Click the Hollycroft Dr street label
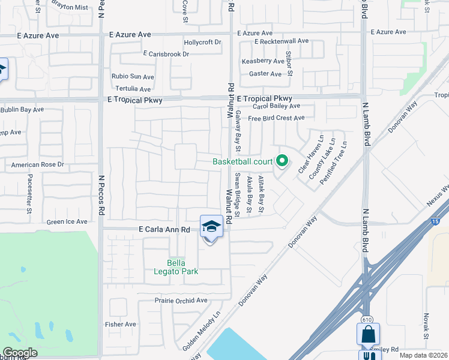coord(202,43)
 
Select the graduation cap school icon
coord(211,226)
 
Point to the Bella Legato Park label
coord(182,268)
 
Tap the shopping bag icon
coord(367,334)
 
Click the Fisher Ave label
coord(121,325)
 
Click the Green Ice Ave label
coord(67,222)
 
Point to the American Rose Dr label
coord(37,164)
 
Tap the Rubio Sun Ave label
coord(133,77)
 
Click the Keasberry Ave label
coord(262,61)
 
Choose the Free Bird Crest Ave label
coord(276,118)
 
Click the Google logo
coord(20,353)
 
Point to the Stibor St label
coord(289,64)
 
